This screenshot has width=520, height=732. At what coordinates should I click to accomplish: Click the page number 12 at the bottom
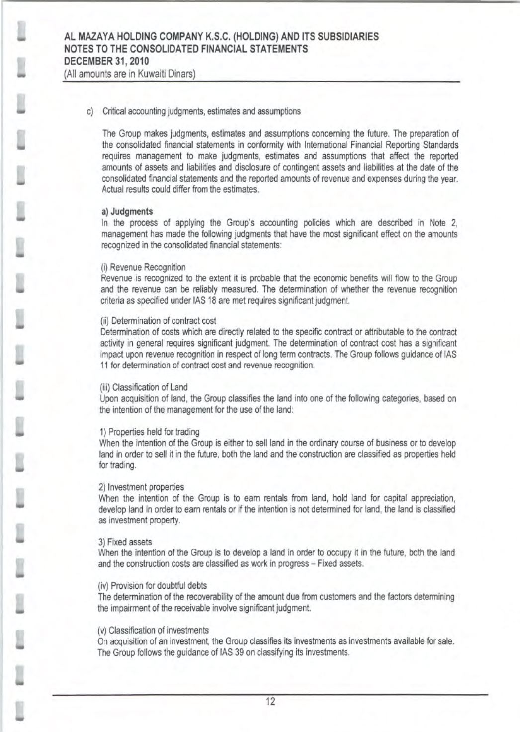tap(270, 702)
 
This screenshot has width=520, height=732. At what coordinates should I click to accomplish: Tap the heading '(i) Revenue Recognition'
tap(143, 268)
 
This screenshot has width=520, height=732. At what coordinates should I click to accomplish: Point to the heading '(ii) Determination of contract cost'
tap(158, 321)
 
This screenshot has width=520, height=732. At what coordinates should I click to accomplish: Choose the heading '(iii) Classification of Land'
tap(144, 387)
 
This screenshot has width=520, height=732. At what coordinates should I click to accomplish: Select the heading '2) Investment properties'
tap(142, 487)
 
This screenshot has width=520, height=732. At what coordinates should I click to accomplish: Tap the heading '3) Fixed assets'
tap(126, 542)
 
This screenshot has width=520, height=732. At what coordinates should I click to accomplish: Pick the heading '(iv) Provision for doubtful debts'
tap(154, 585)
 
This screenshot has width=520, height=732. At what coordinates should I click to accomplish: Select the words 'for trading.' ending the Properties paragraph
tap(118, 465)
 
